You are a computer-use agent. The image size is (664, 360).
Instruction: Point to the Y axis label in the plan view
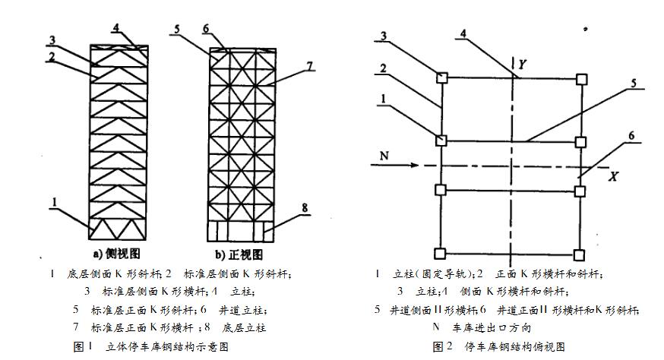click(x=523, y=66)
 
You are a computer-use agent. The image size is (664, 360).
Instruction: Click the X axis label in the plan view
click(x=612, y=175)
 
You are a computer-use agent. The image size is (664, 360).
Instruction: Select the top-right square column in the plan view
click(x=581, y=77)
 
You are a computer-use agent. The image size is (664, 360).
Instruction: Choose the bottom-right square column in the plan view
click(x=581, y=254)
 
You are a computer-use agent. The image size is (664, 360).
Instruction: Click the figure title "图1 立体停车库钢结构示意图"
click(x=150, y=346)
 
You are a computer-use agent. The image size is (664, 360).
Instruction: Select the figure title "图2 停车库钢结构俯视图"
click(x=498, y=346)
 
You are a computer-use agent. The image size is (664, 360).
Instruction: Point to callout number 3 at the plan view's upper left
click(x=386, y=35)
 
